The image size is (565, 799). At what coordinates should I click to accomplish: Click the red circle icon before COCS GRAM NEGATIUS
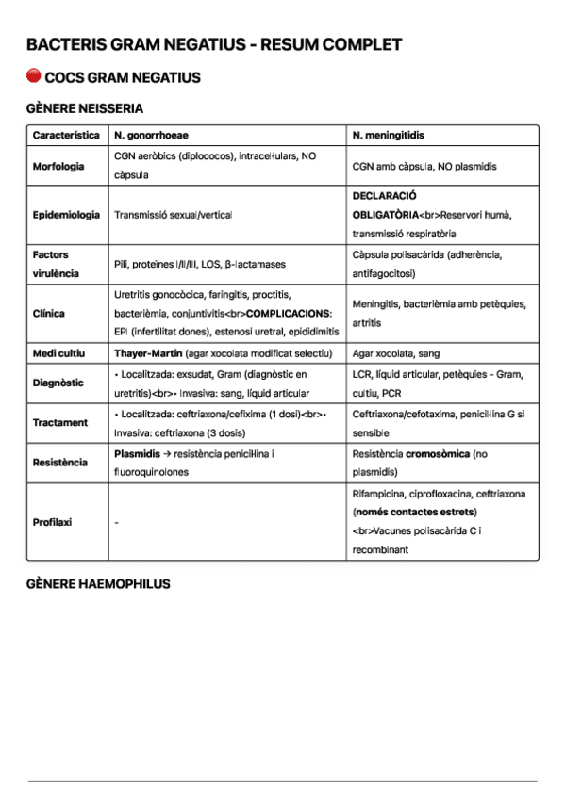34,76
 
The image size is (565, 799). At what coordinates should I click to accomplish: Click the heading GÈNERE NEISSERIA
85,108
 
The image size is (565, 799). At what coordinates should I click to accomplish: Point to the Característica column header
66,136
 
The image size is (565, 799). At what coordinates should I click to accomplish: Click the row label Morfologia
58,166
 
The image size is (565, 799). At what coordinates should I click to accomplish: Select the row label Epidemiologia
66,215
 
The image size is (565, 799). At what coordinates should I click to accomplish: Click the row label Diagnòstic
58,383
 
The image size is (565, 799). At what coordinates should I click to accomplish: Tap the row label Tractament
60,423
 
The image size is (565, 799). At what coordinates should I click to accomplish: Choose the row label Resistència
60,463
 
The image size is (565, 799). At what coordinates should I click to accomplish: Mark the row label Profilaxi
53,522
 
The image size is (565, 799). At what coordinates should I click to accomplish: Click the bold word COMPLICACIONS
287,313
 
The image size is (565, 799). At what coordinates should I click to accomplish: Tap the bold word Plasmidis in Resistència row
136,453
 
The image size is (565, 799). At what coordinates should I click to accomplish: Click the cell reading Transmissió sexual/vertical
173,215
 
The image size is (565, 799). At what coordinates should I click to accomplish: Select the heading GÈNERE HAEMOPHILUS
98,584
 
